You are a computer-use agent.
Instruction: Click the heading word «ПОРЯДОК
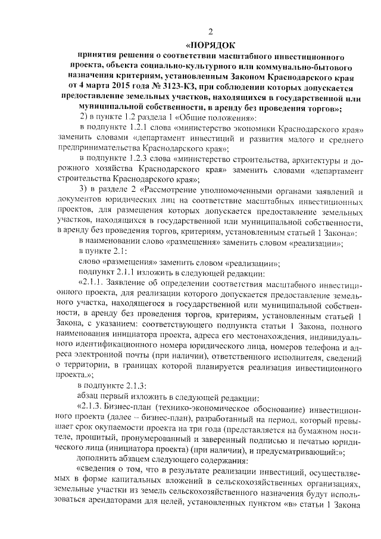tap(210, 44)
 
